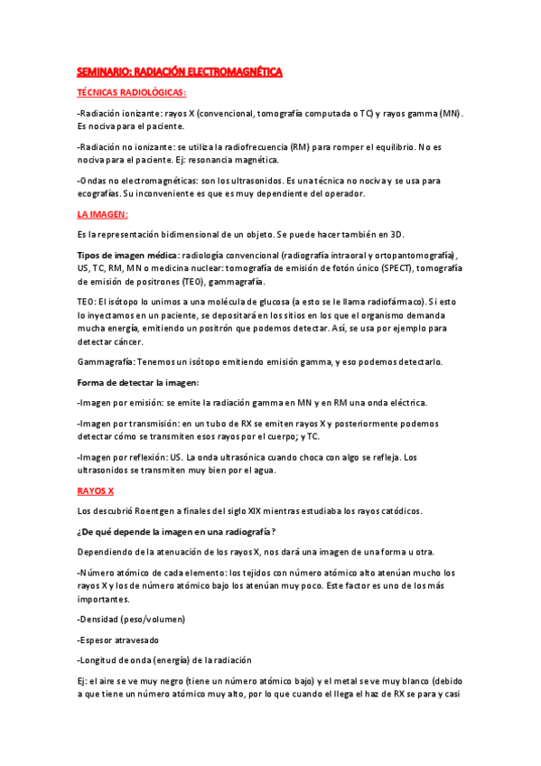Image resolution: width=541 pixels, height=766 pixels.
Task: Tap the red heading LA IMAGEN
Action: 102,214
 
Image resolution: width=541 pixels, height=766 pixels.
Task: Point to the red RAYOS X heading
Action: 95,490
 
